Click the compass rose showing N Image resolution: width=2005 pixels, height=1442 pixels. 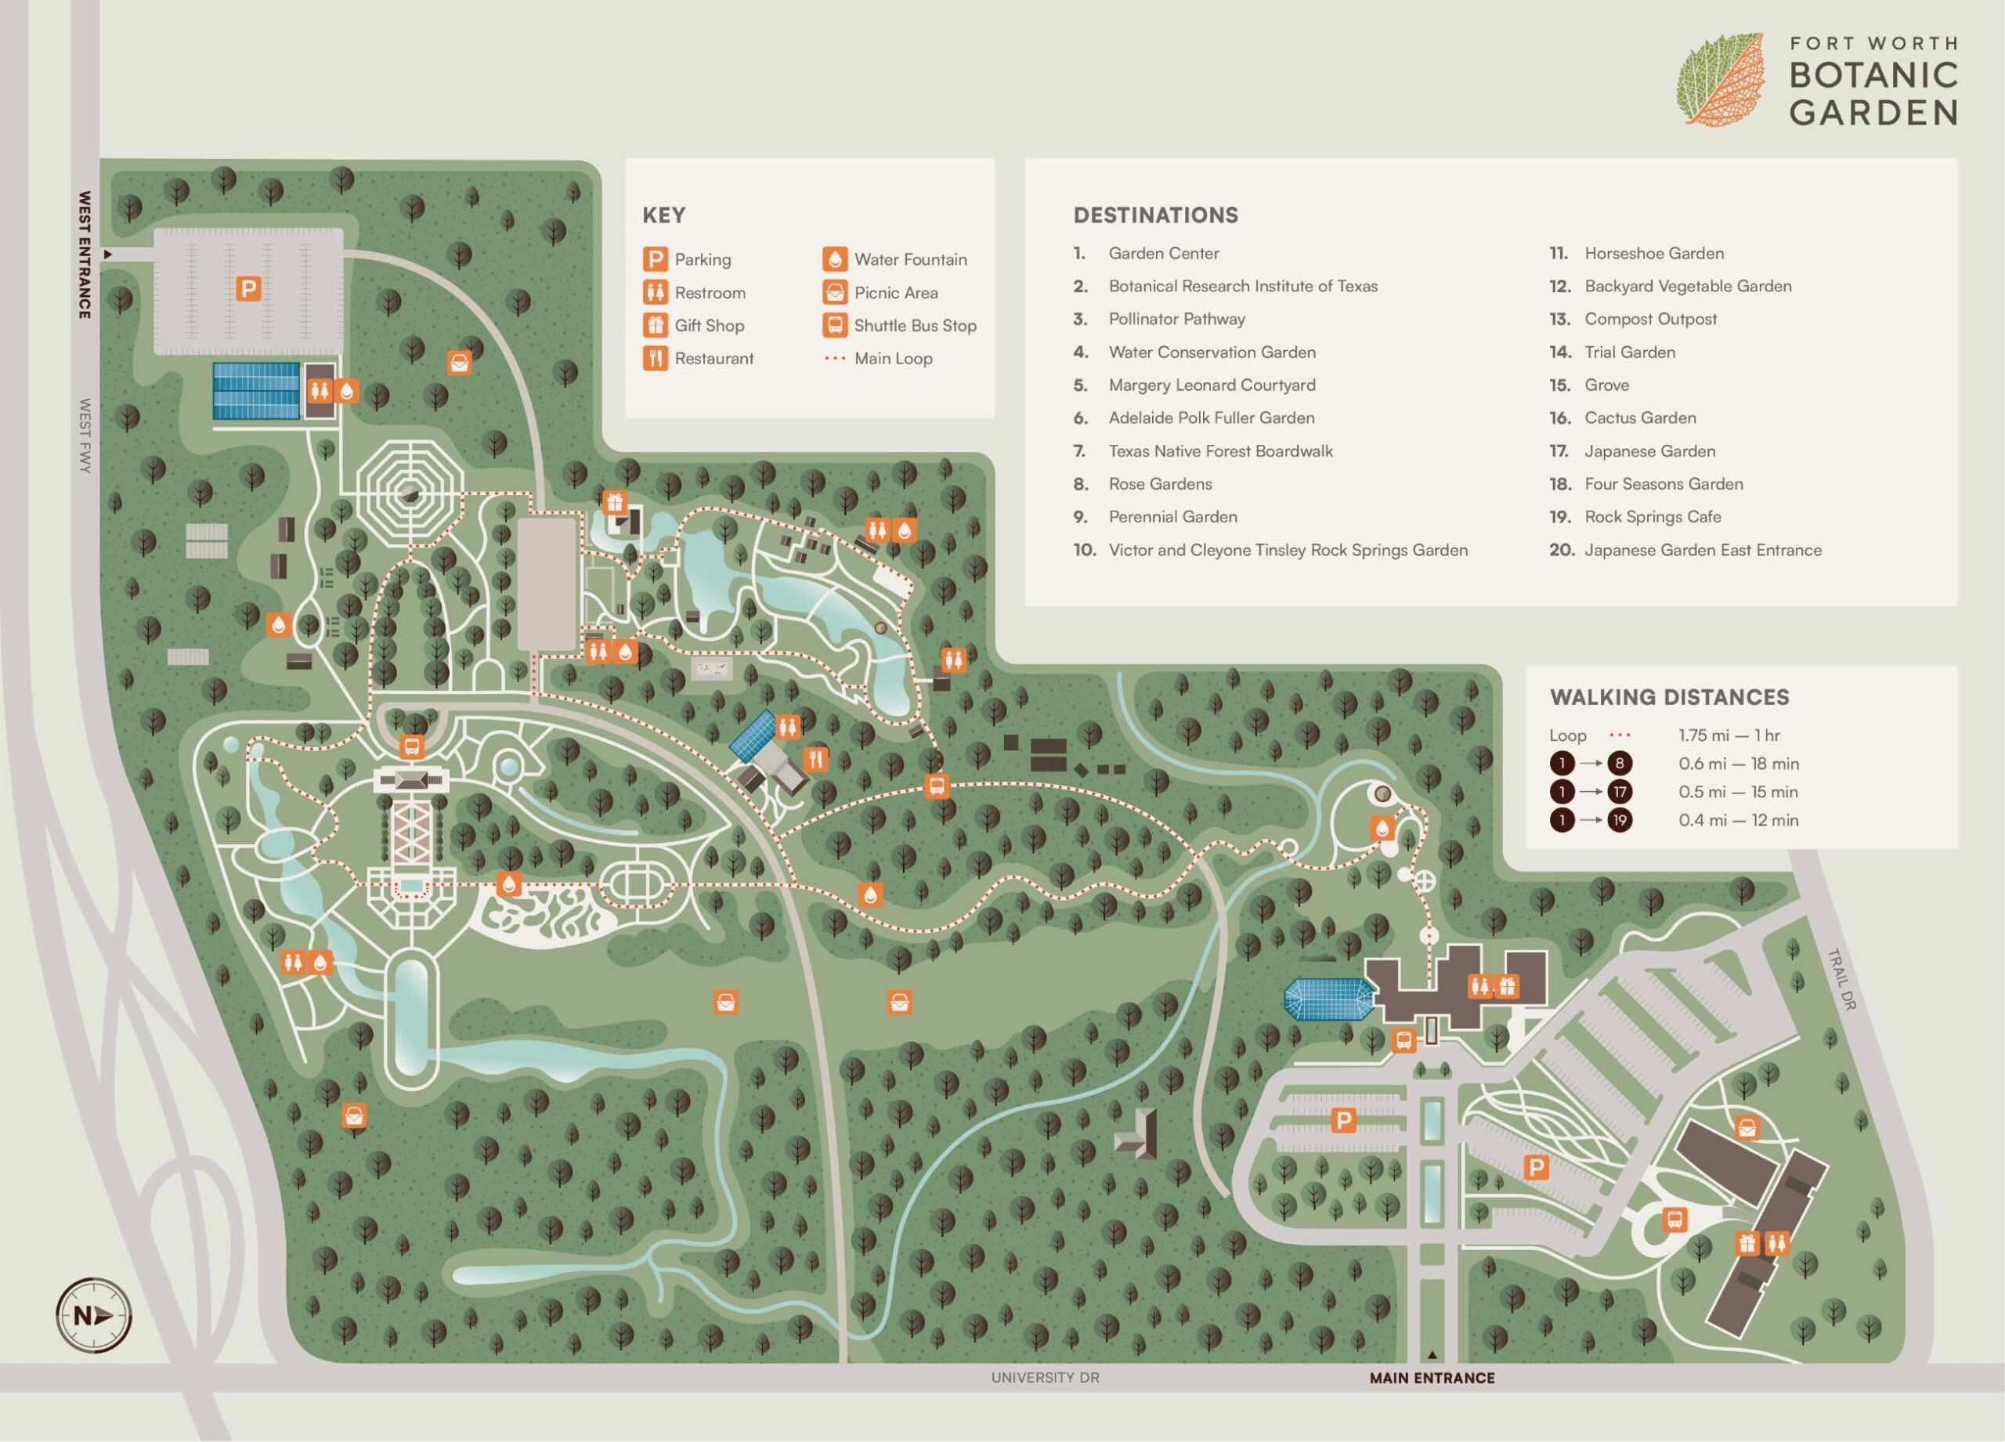pyautogui.click(x=93, y=1316)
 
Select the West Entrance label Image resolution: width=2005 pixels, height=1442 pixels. pyautogui.click(x=85, y=255)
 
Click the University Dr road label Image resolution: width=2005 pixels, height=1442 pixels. pyautogui.click(x=1044, y=1378)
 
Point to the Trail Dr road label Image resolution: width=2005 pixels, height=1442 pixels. pyautogui.click(x=1841, y=980)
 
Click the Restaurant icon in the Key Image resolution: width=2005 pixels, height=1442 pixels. pyautogui.click(x=655, y=358)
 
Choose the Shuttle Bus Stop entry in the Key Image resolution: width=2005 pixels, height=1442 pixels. pyautogui.click(x=914, y=325)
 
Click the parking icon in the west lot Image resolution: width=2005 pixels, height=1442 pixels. pyautogui.click(x=248, y=288)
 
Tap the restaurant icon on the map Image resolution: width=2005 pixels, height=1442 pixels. pyautogui.click(x=815, y=758)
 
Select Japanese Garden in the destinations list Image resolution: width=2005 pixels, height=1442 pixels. pyautogui.click(x=1649, y=451)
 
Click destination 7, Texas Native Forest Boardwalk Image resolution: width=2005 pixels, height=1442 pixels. pyautogui.click(x=1220, y=451)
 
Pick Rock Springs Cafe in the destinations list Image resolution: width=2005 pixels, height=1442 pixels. pyautogui.click(x=1652, y=516)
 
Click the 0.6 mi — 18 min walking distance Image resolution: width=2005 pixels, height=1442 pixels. pyautogui.click(x=1738, y=763)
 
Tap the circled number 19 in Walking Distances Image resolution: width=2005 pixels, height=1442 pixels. pyautogui.click(x=1619, y=819)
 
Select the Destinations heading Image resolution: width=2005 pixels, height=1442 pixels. pyautogui.click(x=1154, y=215)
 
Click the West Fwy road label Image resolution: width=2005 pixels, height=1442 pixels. pyautogui.click(x=85, y=435)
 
